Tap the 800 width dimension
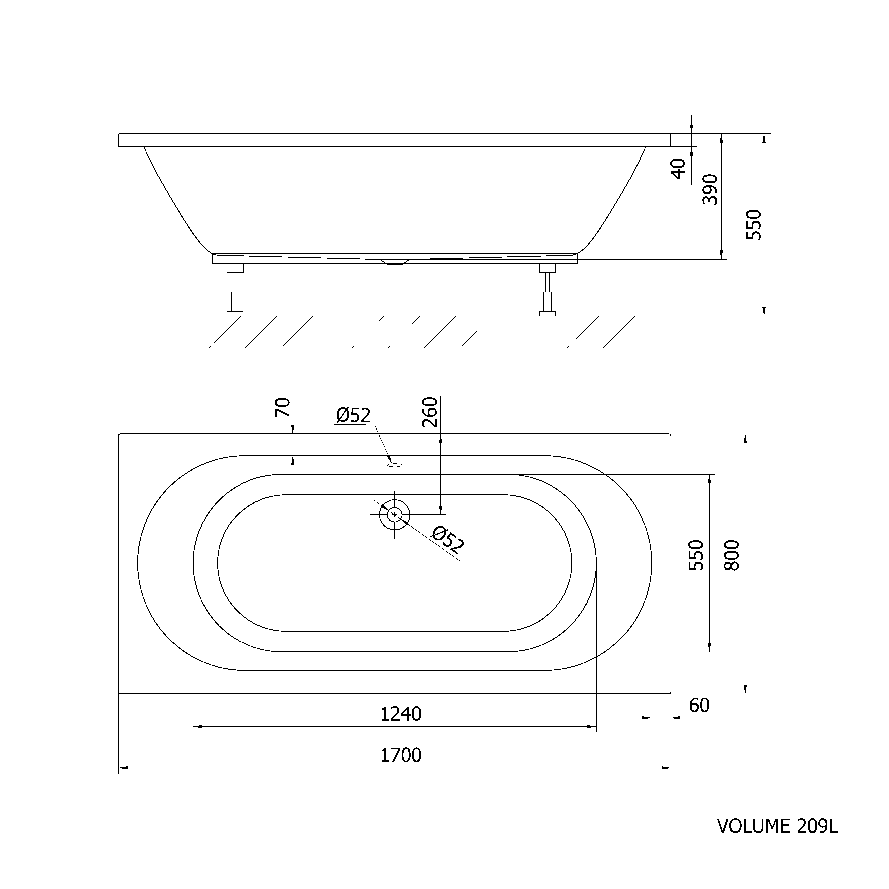(732, 555)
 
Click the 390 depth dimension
(710, 189)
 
